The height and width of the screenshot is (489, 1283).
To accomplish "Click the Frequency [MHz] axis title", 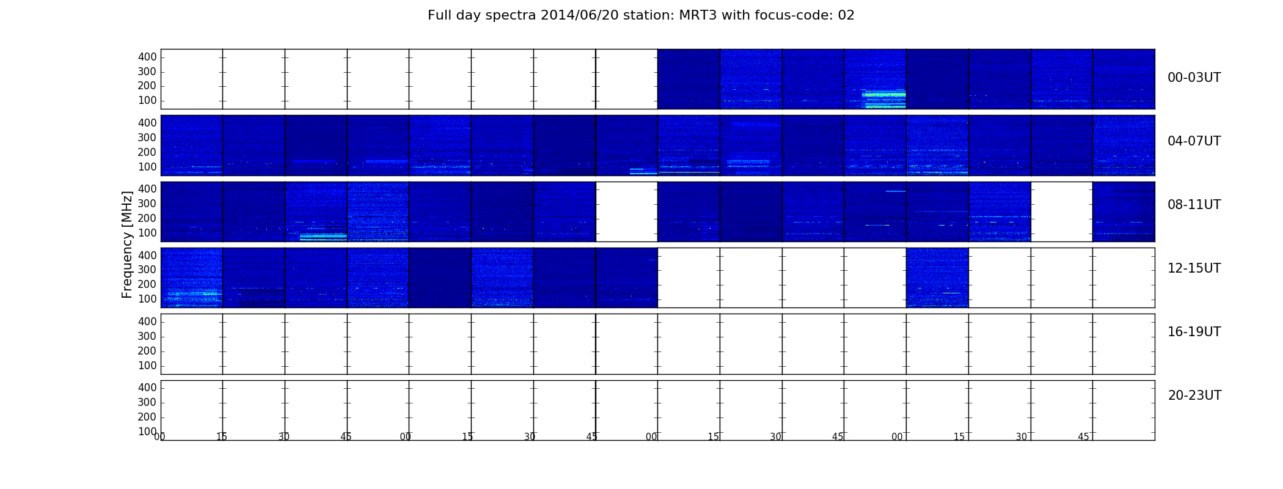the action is coord(127,244).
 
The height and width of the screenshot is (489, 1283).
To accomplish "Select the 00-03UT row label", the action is coord(1194,78).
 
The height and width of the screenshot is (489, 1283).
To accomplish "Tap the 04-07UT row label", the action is coord(1194,141).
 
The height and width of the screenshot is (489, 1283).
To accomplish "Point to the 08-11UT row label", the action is coord(1194,205).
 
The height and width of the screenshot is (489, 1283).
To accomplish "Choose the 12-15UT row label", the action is coord(1194,268).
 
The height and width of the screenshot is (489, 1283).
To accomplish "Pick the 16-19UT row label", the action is coord(1194,332).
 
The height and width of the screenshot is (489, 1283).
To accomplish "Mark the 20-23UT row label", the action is coord(1194,395).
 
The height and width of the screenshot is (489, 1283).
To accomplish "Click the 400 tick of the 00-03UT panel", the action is coord(147,57).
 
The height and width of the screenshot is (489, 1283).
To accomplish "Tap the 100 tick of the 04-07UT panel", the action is coord(147,167).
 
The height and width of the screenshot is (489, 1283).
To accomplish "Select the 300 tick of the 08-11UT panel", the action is coord(147,204).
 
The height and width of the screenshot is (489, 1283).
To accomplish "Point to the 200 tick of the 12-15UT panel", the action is coord(147,284).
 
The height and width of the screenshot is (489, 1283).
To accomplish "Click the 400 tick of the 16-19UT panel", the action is coord(147,322).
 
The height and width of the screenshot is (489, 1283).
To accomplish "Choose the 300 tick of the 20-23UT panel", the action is coord(147,402).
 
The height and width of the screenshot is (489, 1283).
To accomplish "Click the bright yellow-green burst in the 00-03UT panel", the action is coord(883,95).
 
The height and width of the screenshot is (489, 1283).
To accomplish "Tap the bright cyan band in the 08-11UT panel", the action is coord(323,236).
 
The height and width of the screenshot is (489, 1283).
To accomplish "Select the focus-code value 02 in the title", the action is coord(846,15).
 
